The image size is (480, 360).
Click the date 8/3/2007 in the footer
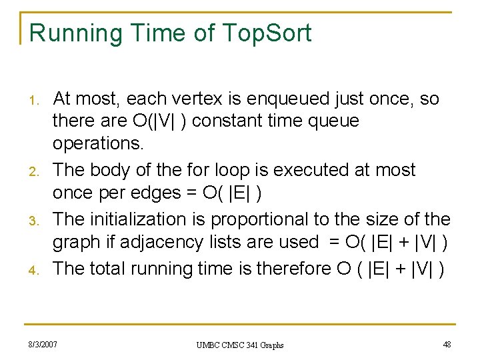coord(42,344)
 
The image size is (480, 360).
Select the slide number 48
coord(446,344)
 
